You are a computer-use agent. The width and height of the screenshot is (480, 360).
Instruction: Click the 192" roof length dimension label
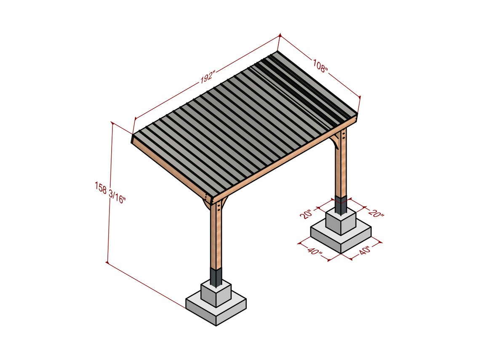pyautogui.click(x=207, y=77)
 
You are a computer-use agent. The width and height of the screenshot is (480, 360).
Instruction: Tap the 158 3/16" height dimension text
pyautogui.click(x=110, y=192)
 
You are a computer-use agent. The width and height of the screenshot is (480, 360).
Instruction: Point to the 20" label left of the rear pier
pyautogui.click(x=306, y=214)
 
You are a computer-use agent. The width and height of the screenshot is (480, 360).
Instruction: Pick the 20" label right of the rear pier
pyautogui.click(x=376, y=213)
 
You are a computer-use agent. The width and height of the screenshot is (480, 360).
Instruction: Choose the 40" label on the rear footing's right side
pyautogui.click(x=364, y=251)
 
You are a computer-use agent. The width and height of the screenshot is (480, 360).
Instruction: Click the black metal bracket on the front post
pyautogui.click(x=216, y=277)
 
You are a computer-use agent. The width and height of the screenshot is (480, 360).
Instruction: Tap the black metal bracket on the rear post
pyautogui.click(x=341, y=205)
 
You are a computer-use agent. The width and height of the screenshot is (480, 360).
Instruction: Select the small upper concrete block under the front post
pyautogui.click(x=216, y=294)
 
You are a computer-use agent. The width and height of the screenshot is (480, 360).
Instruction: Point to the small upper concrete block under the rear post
pyautogui.click(x=341, y=222)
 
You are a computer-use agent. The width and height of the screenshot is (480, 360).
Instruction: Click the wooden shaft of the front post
pyautogui.click(x=216, y=236)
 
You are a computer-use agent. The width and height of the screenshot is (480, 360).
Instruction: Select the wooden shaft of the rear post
pyautogui.click(x=341, y=168)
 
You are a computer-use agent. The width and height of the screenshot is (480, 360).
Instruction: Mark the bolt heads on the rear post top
pyautogui.click(x=344, y=136)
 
